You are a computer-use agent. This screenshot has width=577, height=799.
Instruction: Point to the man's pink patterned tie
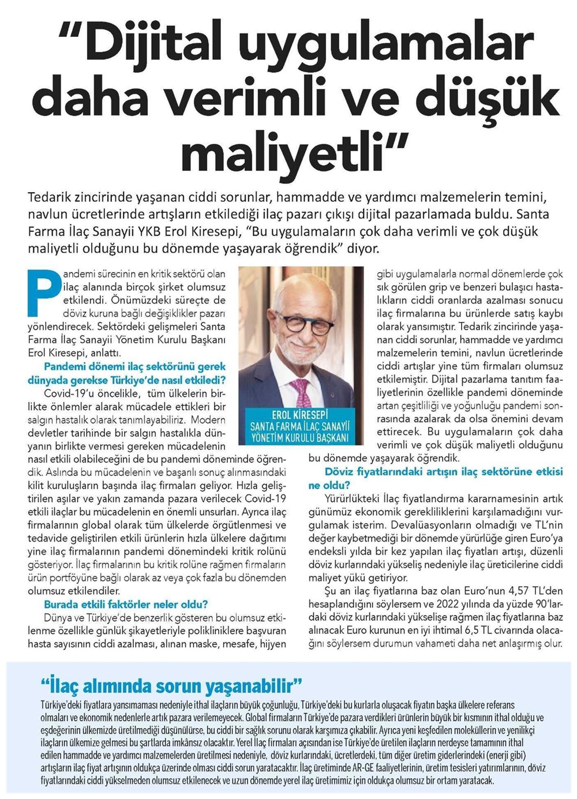[x=301, y=392]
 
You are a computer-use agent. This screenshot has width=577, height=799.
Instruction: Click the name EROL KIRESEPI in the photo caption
[x=300, y=415]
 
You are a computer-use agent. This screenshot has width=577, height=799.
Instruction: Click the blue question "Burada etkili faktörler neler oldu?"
[x=126, y=604]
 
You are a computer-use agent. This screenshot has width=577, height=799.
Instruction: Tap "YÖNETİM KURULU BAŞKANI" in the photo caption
[x=300, y=437]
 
